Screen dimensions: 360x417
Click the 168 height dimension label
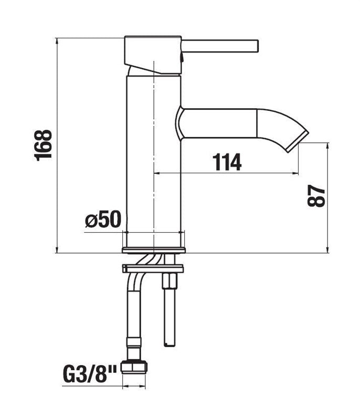click(x=43, y=145)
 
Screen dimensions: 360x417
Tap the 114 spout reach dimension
click(x=227, y=162)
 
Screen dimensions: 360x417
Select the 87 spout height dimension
click(x=316, y=196)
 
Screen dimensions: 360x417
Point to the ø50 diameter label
click(x=103, y=219)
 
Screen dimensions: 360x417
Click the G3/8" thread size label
click(x=90, y=374)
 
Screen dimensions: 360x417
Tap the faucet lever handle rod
click(x=220, y=46)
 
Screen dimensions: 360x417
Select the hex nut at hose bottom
click(x=134, y=367)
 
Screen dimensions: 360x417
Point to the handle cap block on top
click(x=153, y=55)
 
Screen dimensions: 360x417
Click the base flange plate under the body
click(x=154, y=251)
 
